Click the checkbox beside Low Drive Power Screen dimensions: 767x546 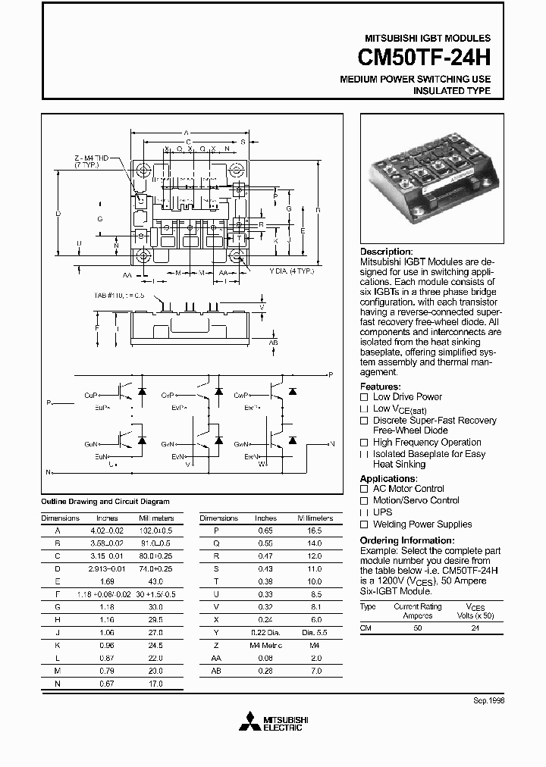364,397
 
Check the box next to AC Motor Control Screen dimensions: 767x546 364,490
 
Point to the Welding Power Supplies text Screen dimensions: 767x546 422,524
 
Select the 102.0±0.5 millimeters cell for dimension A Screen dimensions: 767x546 157,531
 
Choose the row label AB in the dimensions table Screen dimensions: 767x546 216,671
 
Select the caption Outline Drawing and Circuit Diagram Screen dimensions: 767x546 105,502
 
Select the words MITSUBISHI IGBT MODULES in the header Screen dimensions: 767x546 428,38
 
